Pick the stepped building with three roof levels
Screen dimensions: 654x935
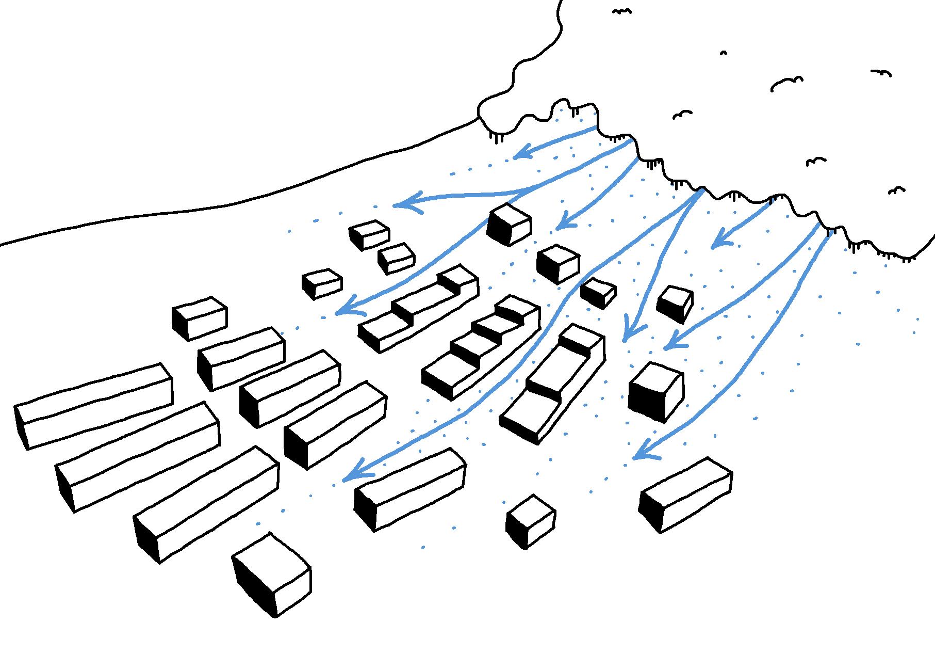[418, 310]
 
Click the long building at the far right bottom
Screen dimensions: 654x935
[686, 493]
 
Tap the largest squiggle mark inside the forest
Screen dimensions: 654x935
[786, 83]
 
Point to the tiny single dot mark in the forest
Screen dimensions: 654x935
[723, 53]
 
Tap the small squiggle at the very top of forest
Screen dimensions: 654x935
[622, 11]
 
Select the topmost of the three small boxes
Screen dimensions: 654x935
[369, 234]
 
